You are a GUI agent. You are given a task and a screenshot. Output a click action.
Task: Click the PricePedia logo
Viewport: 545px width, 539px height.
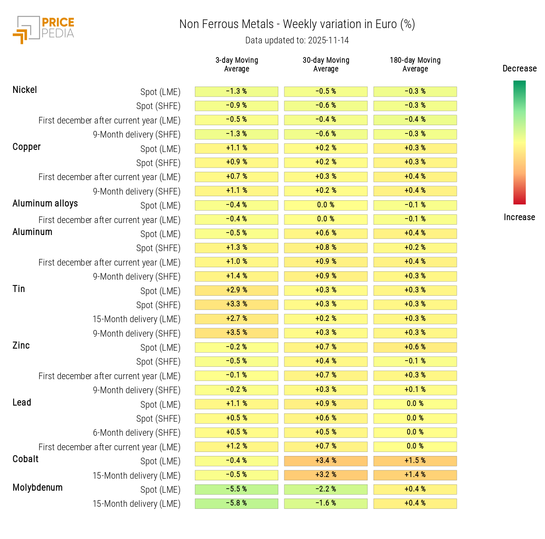pyautogui.click(x=44, y=29)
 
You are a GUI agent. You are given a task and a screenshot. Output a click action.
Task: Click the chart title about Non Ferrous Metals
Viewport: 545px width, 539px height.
pyautogui.click(x=297, y=24)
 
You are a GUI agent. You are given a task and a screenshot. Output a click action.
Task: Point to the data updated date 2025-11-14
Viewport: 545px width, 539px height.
pyautogui.click(x=297, y=40)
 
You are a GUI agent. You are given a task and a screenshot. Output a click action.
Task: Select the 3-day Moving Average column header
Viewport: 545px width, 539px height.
pyautogui.click(x=237, y=64)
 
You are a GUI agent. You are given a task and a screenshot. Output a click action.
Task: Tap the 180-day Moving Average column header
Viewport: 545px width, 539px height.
pyautogui.click(x=415, y=64)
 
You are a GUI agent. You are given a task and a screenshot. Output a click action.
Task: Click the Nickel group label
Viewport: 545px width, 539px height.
pyautogui.click(x=25, y=90)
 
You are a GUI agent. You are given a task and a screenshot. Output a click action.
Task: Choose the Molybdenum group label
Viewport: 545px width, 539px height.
pyautogui.click(x=38, y=488)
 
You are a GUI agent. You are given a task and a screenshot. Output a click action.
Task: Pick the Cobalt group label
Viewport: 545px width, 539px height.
pyautogui.click(x=26, y=459)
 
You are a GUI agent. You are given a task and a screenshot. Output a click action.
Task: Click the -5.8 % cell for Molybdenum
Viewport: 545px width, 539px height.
pyautogui.click(x=237, y=503)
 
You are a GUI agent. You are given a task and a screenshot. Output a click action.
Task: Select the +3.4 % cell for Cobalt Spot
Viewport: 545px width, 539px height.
pyautogui.click(x=326, y=461)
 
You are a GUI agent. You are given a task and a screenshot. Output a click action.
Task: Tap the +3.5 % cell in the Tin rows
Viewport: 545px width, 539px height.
pyautogui.click(x=237, y=333)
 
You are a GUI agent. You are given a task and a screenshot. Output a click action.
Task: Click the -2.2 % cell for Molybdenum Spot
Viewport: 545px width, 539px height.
pyautogui.click(x=326, y=489)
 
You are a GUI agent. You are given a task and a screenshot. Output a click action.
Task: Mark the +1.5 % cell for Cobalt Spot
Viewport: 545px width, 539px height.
pyautogui.click(x=415, y=461)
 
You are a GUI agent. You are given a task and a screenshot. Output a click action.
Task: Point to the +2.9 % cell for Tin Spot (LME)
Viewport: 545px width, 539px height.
pyautogui.click(x=237, y=290)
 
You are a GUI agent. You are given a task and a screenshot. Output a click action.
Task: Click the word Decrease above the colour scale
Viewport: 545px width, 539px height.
pyautogui.click(x=519, y=69)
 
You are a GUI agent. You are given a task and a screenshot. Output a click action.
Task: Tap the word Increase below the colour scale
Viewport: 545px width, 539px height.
pyautogui.click(x=519, y=217)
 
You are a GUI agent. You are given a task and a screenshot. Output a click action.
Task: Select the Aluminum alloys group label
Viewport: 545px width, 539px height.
pyautogui.click(x=45, y=204)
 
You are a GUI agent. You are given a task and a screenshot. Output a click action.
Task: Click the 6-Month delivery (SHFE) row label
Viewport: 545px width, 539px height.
pyautogui.click(x=137, y=433)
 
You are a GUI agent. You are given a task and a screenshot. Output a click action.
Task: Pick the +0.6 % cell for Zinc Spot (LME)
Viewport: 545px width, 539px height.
pyautogui.click(x=415, y=347)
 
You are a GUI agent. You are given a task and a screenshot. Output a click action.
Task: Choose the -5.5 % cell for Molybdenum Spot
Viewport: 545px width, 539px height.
pyautogui.click(x=237, y=489)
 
